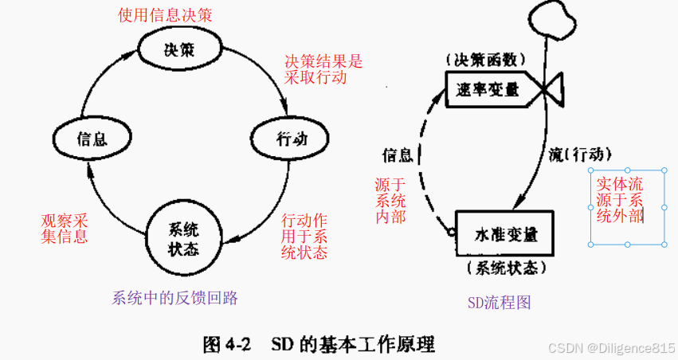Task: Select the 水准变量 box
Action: [506, 234]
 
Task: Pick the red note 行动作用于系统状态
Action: [304, 236]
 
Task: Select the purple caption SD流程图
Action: [499, 302]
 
